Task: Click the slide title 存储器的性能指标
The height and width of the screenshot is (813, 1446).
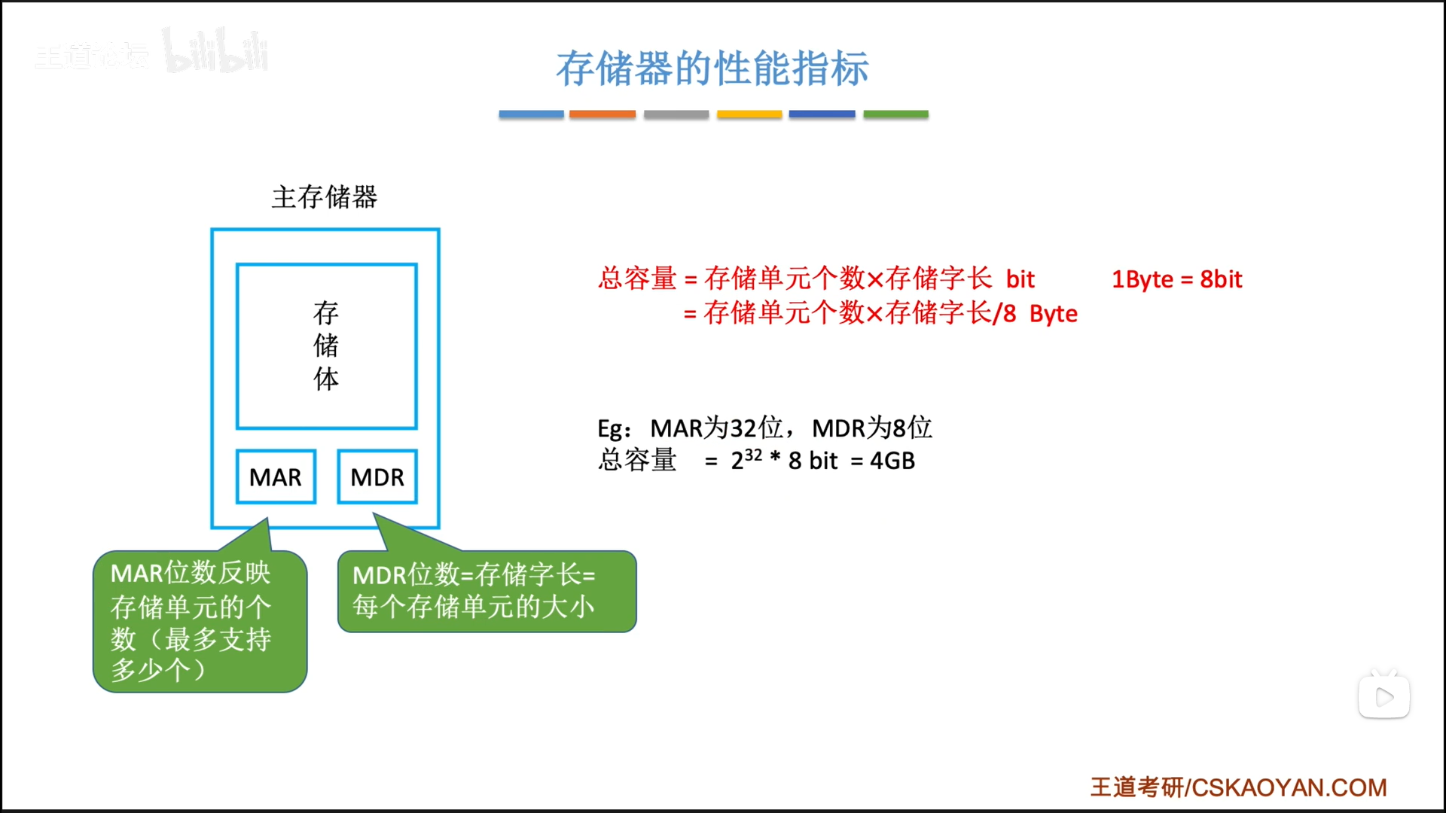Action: [x=712, y=69]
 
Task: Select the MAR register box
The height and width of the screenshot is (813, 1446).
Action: [x=276, y=477]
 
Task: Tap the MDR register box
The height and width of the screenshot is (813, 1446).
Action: [x=377, y=477]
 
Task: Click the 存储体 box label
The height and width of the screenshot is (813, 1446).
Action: [x=326, y=346]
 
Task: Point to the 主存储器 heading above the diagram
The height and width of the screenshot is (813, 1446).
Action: [x=325, y=197]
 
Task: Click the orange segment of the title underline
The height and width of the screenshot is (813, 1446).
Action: [x=602, y=114]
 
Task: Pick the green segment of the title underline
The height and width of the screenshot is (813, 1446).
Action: [x=895, y=114]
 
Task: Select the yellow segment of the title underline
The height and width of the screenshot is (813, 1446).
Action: [x=749, y=114]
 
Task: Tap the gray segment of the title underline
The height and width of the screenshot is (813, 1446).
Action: [x=676, y=114]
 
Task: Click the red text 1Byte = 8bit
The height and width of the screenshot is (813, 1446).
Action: [x=1177, y=279]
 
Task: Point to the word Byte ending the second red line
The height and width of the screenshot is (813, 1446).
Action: [x=1053, y=314]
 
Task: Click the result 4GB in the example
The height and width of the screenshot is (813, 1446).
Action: [x=892, y=461]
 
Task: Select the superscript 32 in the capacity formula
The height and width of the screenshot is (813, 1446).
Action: [x=753, y=455]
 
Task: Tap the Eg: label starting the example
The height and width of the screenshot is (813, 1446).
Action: [x=614, y=429]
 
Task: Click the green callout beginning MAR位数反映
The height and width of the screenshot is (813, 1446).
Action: [x=200, y=621]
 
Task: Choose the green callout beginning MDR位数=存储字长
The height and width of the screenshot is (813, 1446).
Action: [x=487, y=592]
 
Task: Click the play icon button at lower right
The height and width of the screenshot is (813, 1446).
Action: [x=1384, y=696]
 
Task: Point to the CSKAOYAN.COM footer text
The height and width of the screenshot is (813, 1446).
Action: [x=1289, y=787]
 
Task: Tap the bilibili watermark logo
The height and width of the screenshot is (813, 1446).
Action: [x=215, y=51]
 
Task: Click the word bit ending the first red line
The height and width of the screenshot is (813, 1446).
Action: [x=1020, y=279]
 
